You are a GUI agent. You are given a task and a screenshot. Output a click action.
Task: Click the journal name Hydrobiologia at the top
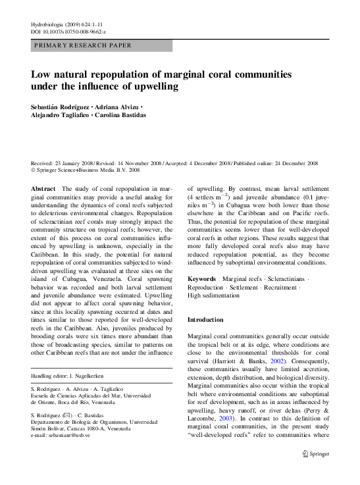pyautogui.click(x=49, y=24)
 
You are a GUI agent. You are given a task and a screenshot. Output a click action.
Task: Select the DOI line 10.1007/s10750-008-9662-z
pyautogui.click(x=68, y=32)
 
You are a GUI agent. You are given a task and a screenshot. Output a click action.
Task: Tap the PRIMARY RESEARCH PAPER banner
pyautogui.click(x=82, y=45)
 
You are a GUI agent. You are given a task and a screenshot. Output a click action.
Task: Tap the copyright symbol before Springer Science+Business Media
pyautogui.click(x=34, y=169)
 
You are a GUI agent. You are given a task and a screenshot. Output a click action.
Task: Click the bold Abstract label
pyautogui.click(x=43, y=188)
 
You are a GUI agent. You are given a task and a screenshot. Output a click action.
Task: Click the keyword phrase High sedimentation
pyautogui.click(x=215, y=296)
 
